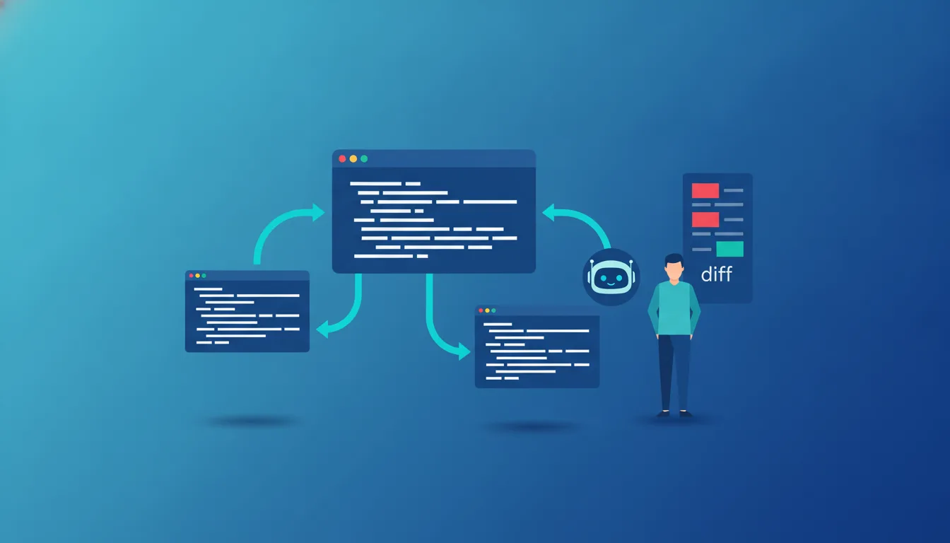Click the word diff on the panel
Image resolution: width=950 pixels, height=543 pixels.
tap(716, 274)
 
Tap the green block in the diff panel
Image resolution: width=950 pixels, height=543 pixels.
tap(729, 249)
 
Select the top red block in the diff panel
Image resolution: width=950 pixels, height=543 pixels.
tap(705, 190)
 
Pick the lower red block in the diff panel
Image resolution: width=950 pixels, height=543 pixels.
tap(705, 220)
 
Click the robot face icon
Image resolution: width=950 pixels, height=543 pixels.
tap(611, 277)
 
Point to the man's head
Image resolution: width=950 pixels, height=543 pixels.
tap(674, 267)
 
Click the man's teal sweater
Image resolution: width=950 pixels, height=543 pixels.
tap(674, 308)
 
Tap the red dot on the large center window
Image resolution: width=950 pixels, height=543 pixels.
tap(342, 158)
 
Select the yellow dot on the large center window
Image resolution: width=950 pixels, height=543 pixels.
tap(353, 158)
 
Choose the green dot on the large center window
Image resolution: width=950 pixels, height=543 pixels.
tap(364, 158)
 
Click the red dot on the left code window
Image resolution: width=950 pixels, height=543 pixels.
tap(192, 276)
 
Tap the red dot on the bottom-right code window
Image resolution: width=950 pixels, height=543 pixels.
tap(481, 310)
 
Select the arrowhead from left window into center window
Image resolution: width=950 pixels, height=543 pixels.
tap(319, 212)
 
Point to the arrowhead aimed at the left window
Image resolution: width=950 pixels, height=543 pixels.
tap(322, 329)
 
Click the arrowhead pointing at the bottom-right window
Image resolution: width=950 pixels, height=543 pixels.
tap(465, 351)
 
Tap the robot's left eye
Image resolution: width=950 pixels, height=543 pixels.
tap(604, 279)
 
